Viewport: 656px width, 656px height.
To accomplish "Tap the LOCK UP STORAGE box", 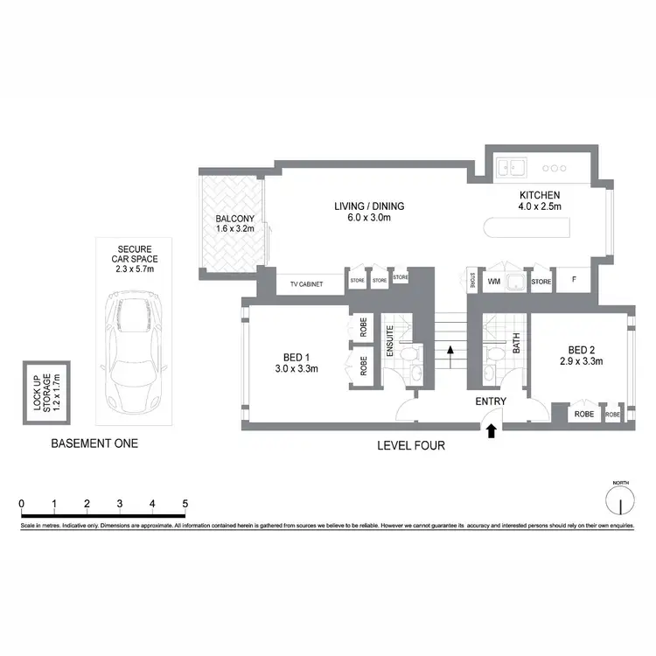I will click(x=43, y=392).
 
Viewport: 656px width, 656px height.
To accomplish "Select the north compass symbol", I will click(x=619, y=501).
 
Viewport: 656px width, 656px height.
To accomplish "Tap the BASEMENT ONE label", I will click(x=94, y=443).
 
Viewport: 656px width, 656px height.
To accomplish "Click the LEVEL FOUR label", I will click(x=410, y=445).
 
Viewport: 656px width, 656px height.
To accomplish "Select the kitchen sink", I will click(x=509, y=166).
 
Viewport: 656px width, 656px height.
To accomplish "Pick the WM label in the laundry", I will click(x=493, y=282).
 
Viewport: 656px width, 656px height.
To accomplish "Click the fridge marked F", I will click(x=573, y=282).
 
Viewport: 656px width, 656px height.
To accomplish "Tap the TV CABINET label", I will click(x=300, y=283).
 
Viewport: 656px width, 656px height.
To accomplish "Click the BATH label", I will click(x=516, y=341).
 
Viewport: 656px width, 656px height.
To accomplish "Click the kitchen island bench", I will click(x=525, y=232).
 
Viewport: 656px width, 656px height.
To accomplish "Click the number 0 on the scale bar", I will click(x=21, y=504).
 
